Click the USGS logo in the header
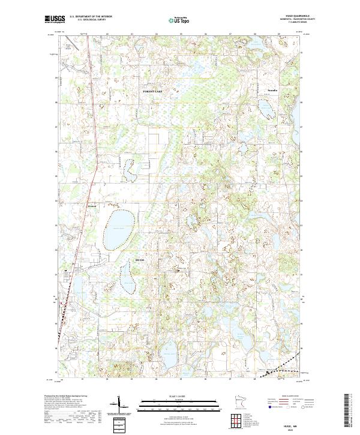coord(55,19)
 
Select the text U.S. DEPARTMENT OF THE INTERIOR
coord(91,16)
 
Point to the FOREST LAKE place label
coord(152,90)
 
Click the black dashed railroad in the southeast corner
coord(282,365)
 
